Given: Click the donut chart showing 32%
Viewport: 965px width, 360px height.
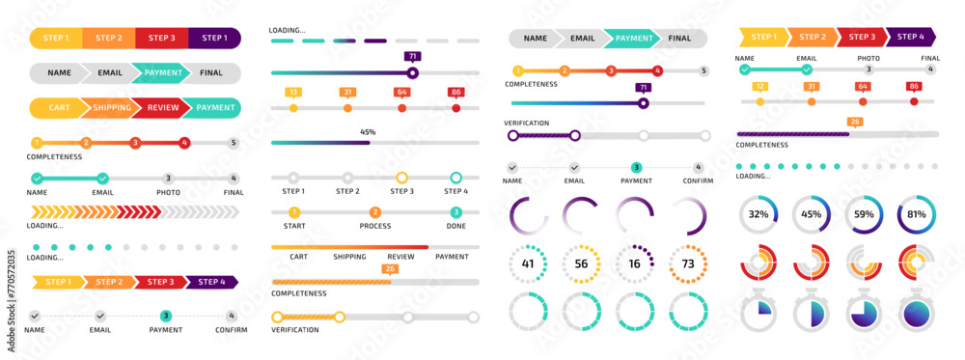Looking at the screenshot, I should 758,214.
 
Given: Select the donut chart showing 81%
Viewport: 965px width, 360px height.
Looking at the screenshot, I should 916,214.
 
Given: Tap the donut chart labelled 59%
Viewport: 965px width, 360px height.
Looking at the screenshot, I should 864,214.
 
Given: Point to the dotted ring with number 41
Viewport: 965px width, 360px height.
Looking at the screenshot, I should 528,263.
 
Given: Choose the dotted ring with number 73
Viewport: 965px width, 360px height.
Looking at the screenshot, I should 688,263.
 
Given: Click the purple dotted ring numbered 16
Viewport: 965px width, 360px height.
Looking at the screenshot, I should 635,263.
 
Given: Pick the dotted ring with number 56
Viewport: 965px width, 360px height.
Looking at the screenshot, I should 581,263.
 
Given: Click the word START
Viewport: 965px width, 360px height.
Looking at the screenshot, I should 294,225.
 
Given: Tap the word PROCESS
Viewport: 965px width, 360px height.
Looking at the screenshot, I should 375,225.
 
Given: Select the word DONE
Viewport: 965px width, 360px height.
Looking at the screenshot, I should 455,225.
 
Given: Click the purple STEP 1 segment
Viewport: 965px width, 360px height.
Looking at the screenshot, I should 214,39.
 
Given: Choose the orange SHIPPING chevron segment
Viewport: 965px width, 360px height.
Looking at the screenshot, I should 112,108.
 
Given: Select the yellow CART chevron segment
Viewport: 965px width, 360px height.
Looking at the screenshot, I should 59,108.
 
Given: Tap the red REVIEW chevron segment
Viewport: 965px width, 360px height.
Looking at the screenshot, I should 163,108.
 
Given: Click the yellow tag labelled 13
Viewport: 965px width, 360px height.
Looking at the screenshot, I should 293,93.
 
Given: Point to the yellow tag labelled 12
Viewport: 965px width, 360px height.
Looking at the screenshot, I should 759,86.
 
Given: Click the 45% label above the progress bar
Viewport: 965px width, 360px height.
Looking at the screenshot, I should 368,131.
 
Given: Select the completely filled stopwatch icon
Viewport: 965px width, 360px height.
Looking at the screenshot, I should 916,314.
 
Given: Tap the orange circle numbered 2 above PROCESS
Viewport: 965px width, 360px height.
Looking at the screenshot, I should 375,212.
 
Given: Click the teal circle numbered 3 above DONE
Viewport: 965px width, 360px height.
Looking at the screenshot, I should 455,212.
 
